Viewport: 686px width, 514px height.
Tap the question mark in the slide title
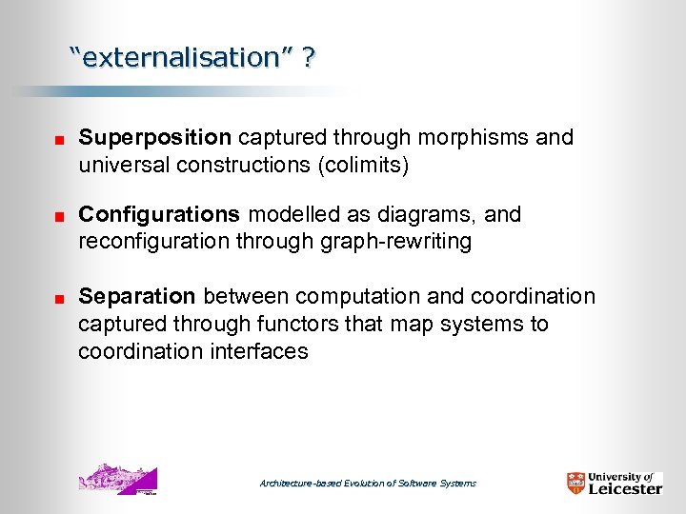tap(310, 58)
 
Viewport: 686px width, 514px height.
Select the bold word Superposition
tap(154, 137)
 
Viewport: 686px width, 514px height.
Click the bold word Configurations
tap(159, 214)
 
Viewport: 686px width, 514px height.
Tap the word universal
tap(117, 165)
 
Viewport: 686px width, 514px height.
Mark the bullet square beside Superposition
tap(57, 140)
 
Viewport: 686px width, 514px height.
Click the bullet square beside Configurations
tap(57, 217)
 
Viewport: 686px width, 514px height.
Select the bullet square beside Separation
tap(57, 299)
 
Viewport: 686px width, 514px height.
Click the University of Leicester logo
tap(614, 483)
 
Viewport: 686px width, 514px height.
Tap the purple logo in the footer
tap(116, 479)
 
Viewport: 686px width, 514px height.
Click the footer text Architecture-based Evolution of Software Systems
tap(368, 484)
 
